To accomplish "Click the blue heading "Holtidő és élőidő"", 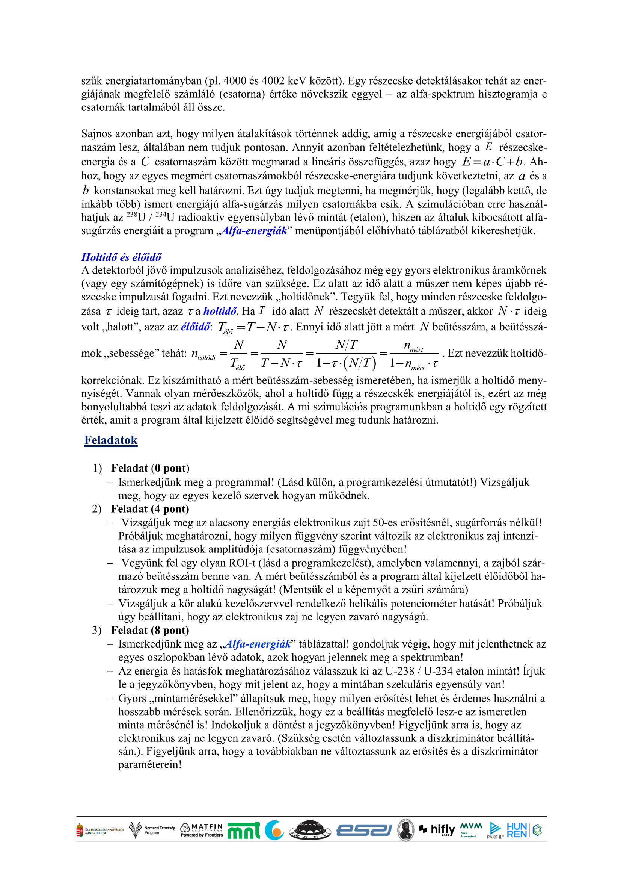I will (121, 257).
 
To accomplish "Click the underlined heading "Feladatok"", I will (111, 440).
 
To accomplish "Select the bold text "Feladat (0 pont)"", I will (150, 468).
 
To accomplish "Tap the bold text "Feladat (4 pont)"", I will (150, 508).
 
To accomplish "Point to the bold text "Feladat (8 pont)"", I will (150, 630).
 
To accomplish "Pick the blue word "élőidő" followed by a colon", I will (195, 327).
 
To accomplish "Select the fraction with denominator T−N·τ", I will (282, 353).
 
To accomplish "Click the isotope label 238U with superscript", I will (136, 217).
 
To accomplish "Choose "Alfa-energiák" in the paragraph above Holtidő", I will (254, 230).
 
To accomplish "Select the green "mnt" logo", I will (244, 831).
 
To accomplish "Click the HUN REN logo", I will (517, 830).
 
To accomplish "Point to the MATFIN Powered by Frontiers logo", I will (202, 830).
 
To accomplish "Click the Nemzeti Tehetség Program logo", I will (152, 830).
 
